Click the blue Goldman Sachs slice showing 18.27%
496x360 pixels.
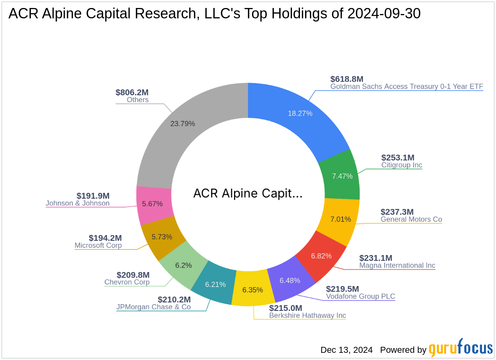click(300, 113)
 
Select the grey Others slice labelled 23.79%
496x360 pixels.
click(183, 124)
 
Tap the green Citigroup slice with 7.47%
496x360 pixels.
click(342, 176)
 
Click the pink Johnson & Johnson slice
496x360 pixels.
click(152, 204)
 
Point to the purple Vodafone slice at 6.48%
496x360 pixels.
click(290, 281)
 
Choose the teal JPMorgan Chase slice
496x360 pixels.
click(215, 285)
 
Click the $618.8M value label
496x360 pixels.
click(347, 79)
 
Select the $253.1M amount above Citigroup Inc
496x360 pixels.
click(398, 158)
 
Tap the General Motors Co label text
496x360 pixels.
click(411, 220)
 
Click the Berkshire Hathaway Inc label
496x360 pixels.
click(308, 316)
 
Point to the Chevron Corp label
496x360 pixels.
click(127, 282)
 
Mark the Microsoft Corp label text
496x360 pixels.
click(98, 245)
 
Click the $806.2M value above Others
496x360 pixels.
click(132, 92)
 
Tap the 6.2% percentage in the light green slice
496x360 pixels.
click(183, 265)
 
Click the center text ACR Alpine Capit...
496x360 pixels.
click(248, 194)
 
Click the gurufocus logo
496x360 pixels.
click(461, 348)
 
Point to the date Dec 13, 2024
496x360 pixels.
click(346, 350)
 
